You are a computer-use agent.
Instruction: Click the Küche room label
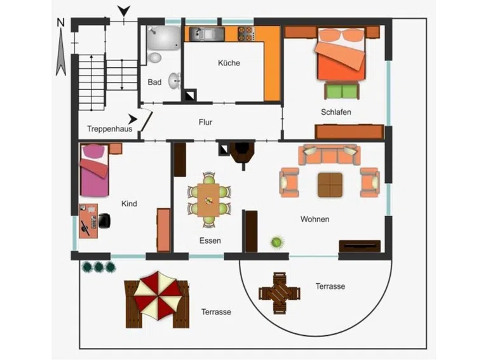[x=229, y=63]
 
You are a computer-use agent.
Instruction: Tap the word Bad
[x=154, y=82]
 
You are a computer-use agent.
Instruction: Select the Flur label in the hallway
[x=205, y=122]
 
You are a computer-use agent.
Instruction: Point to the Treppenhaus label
[x=109, y=129]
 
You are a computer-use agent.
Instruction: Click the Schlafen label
[x=335, y=112]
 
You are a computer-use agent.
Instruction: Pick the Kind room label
[x=129, y=204]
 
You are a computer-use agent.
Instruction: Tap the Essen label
[x=210, y=240]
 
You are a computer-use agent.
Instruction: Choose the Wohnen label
[x=315, y=219]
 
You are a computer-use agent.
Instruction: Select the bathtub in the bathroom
[x=164, y=38]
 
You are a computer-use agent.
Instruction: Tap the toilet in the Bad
[x=154, y=58]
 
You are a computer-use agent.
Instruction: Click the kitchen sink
[x=207, y=34]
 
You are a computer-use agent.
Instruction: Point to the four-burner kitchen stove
[x=246, y=34]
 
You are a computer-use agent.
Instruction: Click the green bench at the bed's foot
[x=342, y=91]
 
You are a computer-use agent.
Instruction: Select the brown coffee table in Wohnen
[x=330, y=185]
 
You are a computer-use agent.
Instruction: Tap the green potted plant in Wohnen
[x=276, y=242]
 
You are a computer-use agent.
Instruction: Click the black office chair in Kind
[x=104, y=220]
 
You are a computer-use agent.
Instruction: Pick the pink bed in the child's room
[x=95, y=170]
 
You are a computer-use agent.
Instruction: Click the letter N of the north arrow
[x=61, y=23]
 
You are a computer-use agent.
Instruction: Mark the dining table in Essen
[x=208, y=199]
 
